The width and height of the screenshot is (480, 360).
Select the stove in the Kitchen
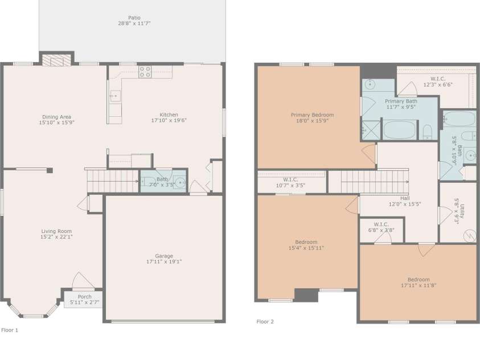coord(145,72)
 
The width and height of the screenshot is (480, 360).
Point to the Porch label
coord(84,297)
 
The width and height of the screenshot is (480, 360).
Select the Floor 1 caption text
coord(10,330)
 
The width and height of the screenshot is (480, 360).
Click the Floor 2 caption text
coord(265,321)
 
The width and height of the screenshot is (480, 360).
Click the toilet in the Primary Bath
coord(428,133)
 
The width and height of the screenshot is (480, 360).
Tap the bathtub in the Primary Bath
coord(400,129)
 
